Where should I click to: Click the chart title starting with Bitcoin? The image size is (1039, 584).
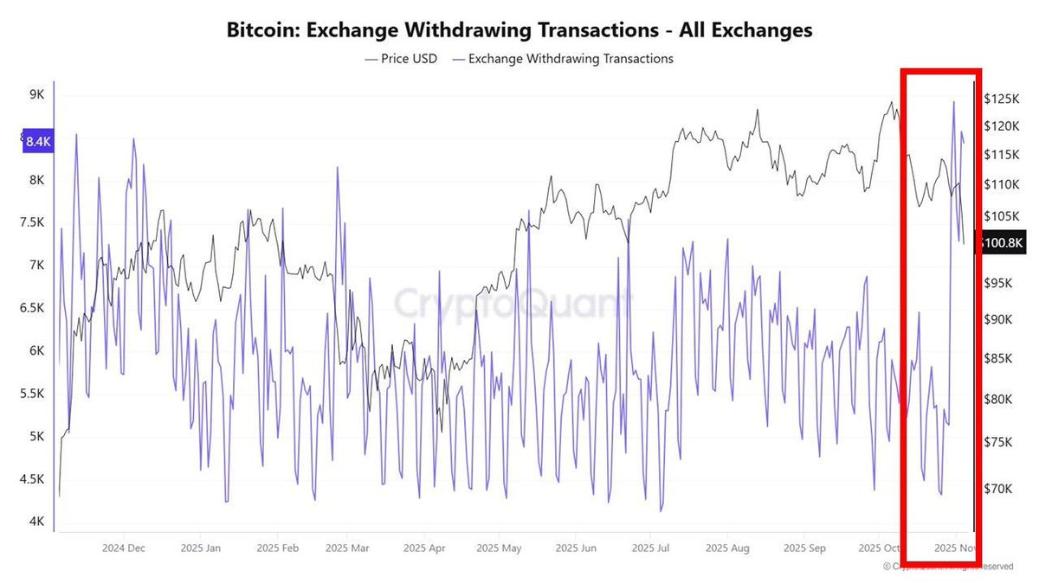coord(519,30)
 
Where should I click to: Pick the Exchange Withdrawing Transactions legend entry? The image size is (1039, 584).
coord(563,59)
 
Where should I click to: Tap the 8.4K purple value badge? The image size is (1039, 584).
coord(39,142)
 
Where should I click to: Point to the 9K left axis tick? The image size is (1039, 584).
coord(35,94)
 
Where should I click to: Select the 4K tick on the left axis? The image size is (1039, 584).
coord(35,521)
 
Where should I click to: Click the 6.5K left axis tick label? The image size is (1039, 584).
coord(32,308)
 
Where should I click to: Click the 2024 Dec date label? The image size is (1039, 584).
coord(124,548)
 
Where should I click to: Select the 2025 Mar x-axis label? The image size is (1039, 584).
coord(347,548)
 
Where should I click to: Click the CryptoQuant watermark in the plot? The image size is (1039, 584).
coord(513,305)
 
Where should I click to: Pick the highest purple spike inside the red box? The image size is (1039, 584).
coord(953,102)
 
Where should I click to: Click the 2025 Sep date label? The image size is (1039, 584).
coord(804,548)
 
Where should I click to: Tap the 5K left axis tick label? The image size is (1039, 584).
coord(35,436)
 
